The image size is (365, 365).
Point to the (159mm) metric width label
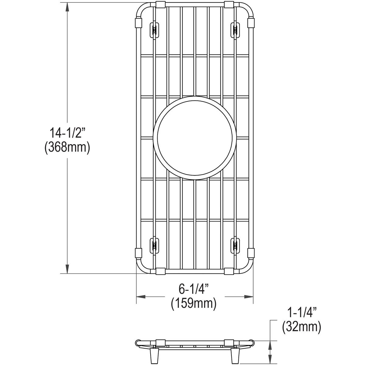[194, 304]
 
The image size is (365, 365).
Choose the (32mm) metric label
[302, 327]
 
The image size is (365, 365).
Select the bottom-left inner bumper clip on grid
[154, 245]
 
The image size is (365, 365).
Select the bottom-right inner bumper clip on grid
[235, 245]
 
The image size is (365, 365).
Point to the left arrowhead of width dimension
[141, 296]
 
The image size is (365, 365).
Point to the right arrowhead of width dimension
[249, 296]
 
